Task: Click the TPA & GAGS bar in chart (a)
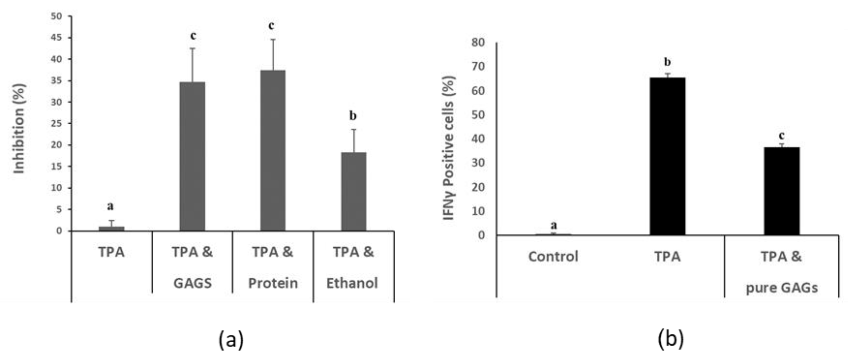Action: [x=192, y=156]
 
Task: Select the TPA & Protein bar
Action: [x=273, y=151]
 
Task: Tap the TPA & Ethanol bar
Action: [x=353, y=191]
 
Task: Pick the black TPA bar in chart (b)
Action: [x=667, y=156]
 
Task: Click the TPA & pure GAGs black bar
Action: [x=781, y=191]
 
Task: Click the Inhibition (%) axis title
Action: [x=19, y=128]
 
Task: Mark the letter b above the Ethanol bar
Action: [x=353, y=116]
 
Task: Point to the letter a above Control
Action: [x=554, y=226]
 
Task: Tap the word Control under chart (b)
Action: [x=553, y=256]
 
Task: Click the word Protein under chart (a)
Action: [x=273, y=283]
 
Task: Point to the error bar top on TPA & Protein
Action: [x=273, y=40]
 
